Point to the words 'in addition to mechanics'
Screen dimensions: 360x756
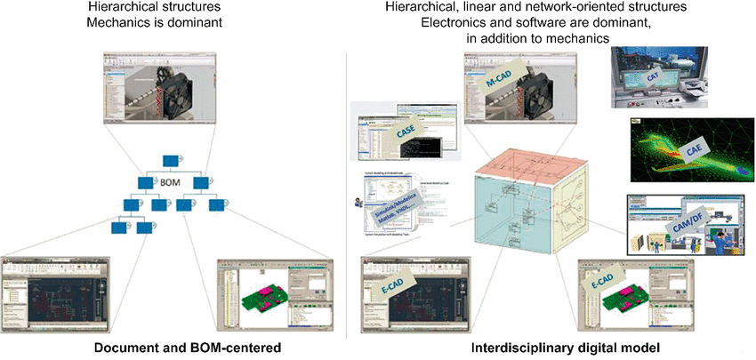(x=537, y=40)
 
